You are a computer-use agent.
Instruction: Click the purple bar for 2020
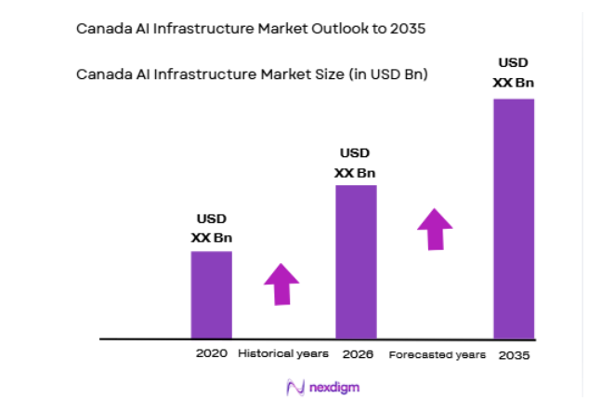[x=211, y=295]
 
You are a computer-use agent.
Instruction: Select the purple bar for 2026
[x=356, y=261]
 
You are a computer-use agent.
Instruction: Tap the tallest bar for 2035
[x=514, y=218]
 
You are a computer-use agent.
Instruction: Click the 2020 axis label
[x=211, y=354]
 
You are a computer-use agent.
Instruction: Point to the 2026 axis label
[x=357, y=354]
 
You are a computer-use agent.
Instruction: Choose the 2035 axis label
[x=515, y=355]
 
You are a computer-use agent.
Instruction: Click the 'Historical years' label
[x=283, y=354]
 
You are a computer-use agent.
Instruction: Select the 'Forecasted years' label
[x=437, y=355]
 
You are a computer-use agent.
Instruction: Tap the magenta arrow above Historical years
[x=281, y=285]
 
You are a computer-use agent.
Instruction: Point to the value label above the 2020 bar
[x=211, y=229]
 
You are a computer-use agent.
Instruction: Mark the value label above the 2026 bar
[x=355, y=163]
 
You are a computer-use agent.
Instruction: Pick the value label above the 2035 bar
[x=514, y=73]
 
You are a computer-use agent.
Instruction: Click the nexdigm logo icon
[x=296, y=387]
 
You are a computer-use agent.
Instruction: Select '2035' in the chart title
[x=407, y=29]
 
